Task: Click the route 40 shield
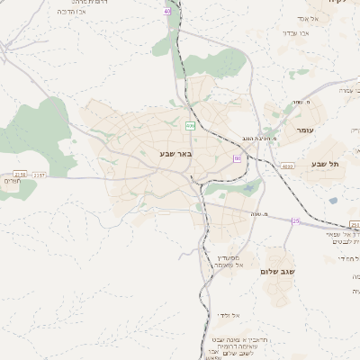click(x=166, y=11)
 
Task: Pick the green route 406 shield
click(x=190, y=124)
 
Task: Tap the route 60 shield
click(x=237, y=158)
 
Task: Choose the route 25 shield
click(x=294, y=220)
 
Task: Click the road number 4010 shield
click(x=286, y=166)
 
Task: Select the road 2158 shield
click(x=20, y=174)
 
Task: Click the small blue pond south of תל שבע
click(x=333, y=202)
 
